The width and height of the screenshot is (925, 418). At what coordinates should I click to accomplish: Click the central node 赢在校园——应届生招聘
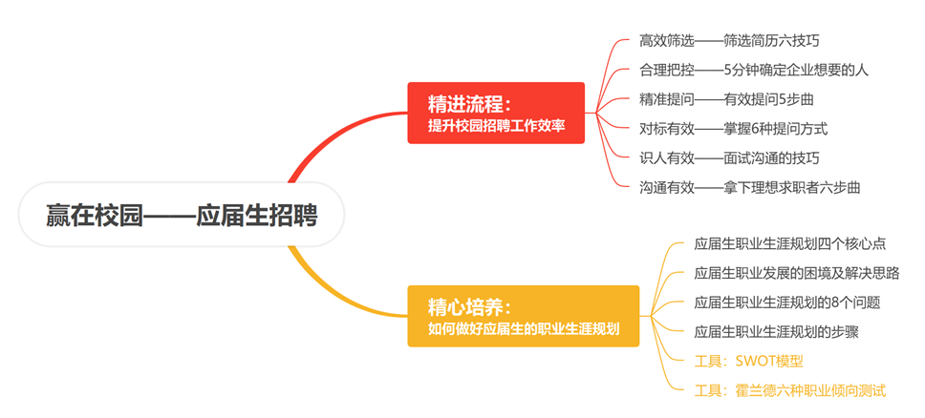(182, 215)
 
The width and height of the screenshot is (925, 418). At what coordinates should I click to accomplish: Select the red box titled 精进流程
(496, 113)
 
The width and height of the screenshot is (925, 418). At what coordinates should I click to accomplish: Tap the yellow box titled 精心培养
(524, 316)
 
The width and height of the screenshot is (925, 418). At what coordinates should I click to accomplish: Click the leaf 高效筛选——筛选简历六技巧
(729, 41)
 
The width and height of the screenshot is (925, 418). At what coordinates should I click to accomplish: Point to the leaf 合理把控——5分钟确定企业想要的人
(754, 70)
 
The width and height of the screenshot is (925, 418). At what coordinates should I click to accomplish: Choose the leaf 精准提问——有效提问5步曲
(727, 99)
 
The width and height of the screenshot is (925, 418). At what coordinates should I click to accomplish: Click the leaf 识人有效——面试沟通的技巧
(729, 157)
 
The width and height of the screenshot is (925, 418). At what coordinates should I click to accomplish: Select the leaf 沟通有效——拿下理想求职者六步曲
(749, 187)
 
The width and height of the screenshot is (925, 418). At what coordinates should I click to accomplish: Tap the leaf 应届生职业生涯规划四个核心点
(790, 243)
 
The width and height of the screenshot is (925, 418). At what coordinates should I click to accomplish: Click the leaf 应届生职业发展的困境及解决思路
(797, 273)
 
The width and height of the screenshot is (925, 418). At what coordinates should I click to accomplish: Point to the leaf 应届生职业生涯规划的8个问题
(787, 303)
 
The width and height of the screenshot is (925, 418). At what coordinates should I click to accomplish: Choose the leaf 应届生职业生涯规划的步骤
(776, 332)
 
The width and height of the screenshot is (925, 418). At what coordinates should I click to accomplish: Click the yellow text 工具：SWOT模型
(748, 361)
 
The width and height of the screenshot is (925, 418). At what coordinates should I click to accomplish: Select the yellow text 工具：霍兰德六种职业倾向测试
(790, 390)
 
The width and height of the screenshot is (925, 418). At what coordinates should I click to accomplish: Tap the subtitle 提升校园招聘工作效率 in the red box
(497, 126)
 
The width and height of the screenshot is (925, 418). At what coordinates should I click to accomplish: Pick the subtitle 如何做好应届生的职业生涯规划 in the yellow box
(524, 329)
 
